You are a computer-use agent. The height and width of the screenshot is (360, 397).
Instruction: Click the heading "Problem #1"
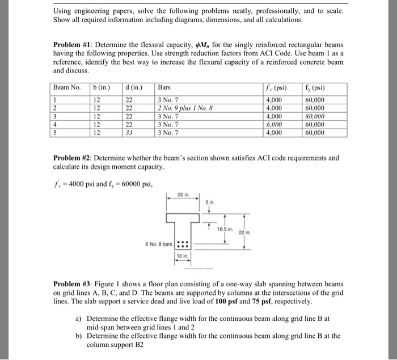click(74, 44)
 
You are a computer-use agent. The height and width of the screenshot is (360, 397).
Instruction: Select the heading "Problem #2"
click(74, 158)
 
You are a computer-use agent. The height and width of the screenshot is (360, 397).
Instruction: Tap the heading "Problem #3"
click(74, 283)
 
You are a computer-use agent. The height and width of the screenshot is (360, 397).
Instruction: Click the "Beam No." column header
click(67, 88)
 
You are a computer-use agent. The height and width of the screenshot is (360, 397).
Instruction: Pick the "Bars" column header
click(164, 88)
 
